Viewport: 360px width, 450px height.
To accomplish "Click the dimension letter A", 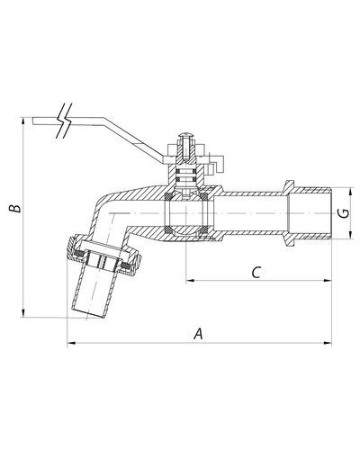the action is pyautogui.click(x=198, y=334).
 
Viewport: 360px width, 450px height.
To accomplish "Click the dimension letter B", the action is pyautogui.click(x=14, y=208).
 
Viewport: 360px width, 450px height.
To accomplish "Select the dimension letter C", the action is pyautogui.click(x=256, y=273).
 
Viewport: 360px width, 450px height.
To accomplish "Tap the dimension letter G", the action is pyautogui.click(x=345, y=212).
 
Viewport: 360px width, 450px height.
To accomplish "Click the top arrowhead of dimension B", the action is pyautogui.click(x=22, y=121).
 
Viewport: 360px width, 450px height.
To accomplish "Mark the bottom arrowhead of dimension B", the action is pyautogui.click(x=22, y=312).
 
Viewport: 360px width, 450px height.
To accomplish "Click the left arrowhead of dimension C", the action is pyautogui.click(x=191, y=281).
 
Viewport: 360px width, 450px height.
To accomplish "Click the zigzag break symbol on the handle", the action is pyautogui.click(x=65, y=121).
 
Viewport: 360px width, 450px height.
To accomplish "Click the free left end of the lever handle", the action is pyautogui.click(x=33, y=121).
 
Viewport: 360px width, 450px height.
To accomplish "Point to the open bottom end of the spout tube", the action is pyautogui.click(x=88, y=313).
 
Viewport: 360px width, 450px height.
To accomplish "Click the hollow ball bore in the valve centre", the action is pyautogui.click(x=186, y=213).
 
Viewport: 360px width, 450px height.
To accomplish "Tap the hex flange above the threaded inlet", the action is pyautogui.click(x=290, y=185).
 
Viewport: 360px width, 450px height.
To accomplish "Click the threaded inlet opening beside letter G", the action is pyautogui.click(x=309, y=213).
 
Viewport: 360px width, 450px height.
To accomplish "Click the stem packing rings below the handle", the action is pyautogui.click(x=186, y=175).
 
